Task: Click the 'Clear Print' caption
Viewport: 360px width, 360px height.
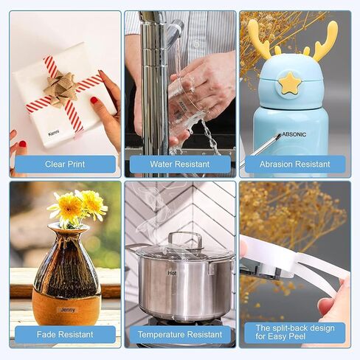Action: (x=65, y=164)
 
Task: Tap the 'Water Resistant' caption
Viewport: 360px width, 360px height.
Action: (x=180, y=164)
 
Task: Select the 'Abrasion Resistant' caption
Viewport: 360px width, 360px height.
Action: (x=295, y=164)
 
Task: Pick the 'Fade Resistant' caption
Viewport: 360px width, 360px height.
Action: (x=65, y=334)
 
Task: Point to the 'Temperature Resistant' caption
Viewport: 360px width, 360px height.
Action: (x=180, y=334)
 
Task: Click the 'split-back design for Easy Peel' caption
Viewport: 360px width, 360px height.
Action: (x=295, y=332)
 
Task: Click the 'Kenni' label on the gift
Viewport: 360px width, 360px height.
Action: (x=54, y=134)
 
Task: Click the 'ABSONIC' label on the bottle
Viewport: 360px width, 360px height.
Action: (x=294, y=134)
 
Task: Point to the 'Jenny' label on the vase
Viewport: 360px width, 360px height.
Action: (x=68, y=310)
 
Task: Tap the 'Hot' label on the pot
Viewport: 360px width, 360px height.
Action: (x=172, y=273)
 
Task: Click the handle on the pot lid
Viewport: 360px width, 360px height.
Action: (x=185, y=240)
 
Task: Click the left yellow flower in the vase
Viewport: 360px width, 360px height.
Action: (x=68, y=207)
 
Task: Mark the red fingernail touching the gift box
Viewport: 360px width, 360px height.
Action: (x=94, y=100)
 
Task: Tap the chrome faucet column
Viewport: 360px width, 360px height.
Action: (x=153, y=94)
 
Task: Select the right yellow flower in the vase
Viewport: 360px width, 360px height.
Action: (x=92, y=204)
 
